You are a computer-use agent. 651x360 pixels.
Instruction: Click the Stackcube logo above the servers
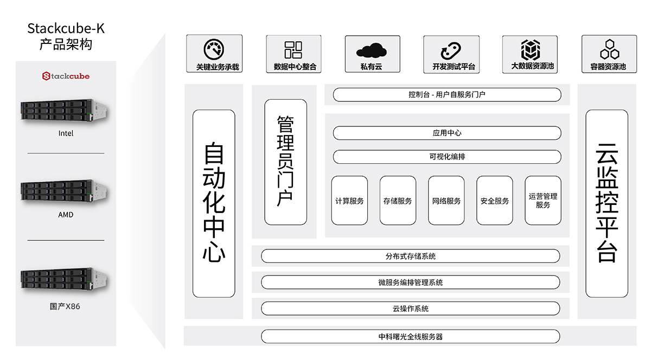coord(66,76)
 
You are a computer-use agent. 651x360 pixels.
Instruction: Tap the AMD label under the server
coord(66,215)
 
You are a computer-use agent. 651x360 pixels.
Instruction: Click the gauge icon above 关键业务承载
coord(214,49)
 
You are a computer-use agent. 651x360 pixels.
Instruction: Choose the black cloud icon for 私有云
coord(372,50)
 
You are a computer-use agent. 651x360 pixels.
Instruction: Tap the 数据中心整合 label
coord(293,67)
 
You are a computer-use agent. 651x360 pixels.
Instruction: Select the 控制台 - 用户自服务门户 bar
coord(446,95)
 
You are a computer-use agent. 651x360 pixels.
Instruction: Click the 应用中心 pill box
coord(446,133)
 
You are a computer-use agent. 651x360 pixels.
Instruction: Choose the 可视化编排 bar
coord(446,157)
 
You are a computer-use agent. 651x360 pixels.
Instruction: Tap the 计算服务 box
coord(349,201)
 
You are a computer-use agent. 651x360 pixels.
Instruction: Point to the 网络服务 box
coord(446,201)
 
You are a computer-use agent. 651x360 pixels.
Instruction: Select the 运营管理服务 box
coord(542,201)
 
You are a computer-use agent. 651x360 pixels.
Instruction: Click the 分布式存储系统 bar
coord(410,256)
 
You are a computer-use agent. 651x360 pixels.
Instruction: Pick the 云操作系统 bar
coord(410,308)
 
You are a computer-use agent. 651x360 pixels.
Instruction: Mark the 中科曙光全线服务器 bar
coord(410,337)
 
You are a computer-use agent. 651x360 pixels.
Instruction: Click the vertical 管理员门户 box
coord(285,162)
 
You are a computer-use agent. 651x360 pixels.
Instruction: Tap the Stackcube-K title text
coord(66,28)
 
